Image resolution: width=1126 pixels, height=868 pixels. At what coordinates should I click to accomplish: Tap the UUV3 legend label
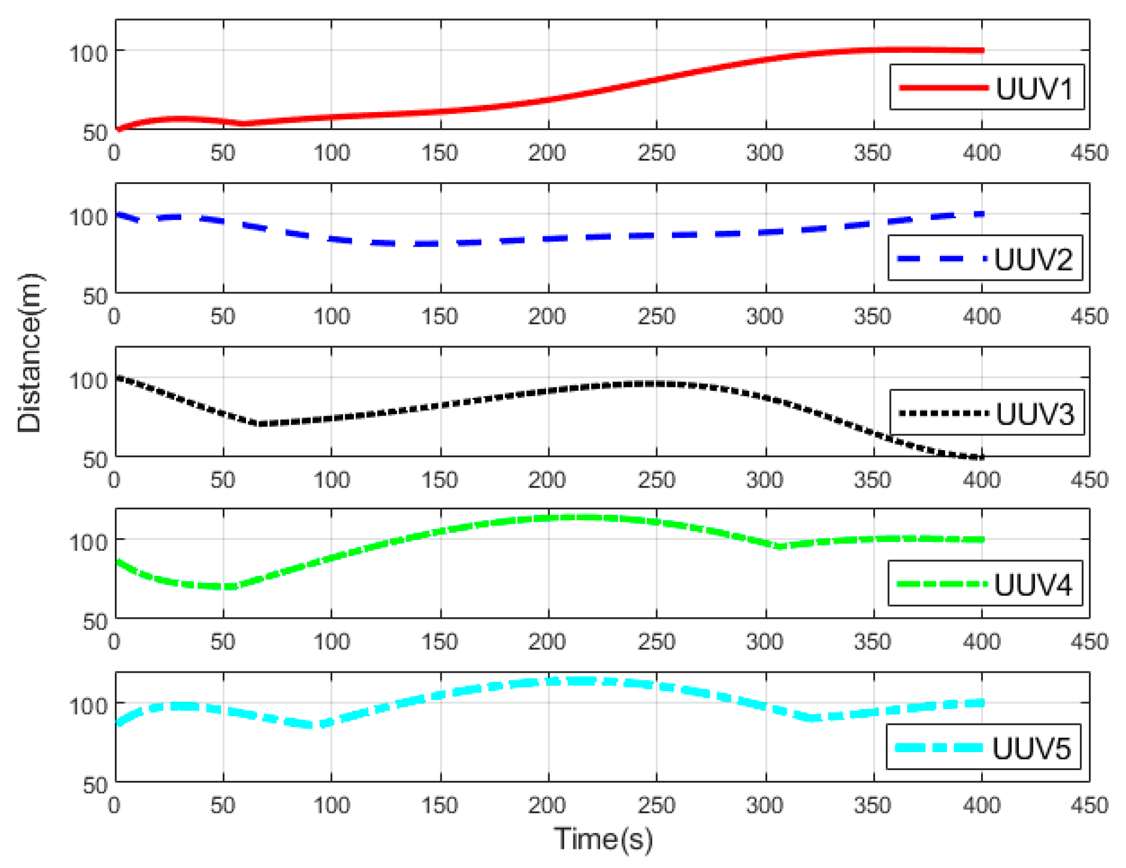[1034, 414]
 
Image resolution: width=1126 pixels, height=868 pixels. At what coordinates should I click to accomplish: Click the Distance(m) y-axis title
[29, 353]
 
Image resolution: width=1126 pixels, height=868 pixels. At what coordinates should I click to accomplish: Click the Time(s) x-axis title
[603, 839]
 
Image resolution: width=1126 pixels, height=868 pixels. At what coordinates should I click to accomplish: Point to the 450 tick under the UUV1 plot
[1088, 153]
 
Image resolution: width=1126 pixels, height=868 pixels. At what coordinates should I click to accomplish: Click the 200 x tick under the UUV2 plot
[547, 316]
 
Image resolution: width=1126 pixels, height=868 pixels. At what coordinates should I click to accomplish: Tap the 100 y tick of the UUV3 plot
[88, 380]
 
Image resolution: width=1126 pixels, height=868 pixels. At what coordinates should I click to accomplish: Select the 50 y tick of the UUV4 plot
[95, 621]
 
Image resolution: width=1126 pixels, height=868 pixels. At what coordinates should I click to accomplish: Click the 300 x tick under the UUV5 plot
[764, 805]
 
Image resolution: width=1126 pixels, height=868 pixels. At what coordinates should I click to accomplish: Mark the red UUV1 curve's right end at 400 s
[982, 51]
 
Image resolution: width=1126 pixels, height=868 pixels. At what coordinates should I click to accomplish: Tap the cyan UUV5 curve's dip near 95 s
[321, 724]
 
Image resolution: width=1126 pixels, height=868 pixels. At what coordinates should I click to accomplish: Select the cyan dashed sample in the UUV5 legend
[939, 748]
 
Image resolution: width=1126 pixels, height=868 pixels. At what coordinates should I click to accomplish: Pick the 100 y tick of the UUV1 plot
[88, 53]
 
